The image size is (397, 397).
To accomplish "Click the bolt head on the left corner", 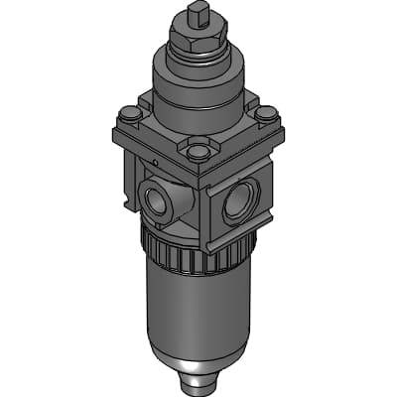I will [x=127, y=115].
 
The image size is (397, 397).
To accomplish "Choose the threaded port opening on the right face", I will [x=239, y=202].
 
